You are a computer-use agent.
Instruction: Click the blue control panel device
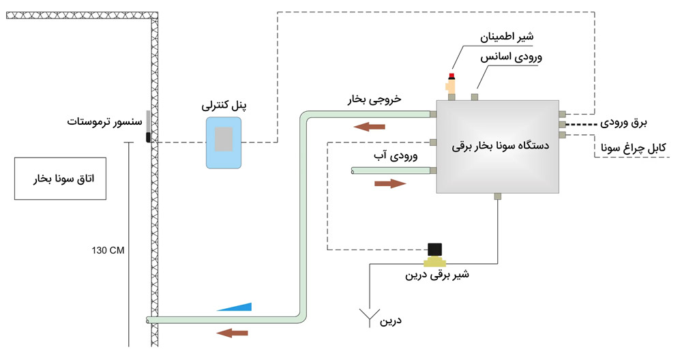[x=224, y=142]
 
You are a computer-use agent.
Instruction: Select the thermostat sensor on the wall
[x=148, y=127]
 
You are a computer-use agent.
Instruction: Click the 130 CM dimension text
[x=108, y=250]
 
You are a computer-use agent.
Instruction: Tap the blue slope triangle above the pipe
[x=235, y=307]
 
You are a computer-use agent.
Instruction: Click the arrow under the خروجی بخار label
[x=370, y=125]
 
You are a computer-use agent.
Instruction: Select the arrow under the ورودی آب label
[x=389, y=183]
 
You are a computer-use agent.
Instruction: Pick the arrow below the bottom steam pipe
[x=232, y=333]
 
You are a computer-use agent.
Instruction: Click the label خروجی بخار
[x=374, y=100]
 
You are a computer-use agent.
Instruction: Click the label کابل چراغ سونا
[x=637, y=148]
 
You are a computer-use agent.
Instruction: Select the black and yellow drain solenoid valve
[x=434, y=255]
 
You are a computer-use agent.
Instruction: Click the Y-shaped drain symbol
[x=370, y=316]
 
